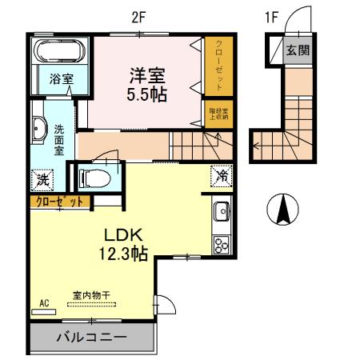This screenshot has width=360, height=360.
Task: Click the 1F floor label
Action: pyautogui.click(x=273, y=13)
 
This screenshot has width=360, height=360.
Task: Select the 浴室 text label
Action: pyautogui.click(x=61, y=79)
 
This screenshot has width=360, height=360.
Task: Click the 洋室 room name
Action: pyautogui.click(x=149, y=75)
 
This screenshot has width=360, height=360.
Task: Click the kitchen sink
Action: pyautogui.click(x=222, y=214)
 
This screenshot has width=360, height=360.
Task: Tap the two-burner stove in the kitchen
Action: pyautogui.click(x=221, y=243)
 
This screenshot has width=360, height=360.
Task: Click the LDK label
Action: pyautogui.click(x=122, y=236)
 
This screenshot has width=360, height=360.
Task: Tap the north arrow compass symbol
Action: pyautogui.click(x=282, y=210)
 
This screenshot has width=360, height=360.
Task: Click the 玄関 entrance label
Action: pyautogui.click(x=299, y=50)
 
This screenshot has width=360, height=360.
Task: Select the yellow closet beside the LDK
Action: pyautogui.click(x=58, y=202)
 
